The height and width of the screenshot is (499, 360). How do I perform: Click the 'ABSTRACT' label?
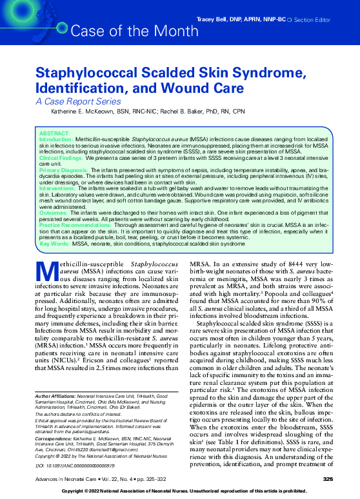click(x=53, y=132)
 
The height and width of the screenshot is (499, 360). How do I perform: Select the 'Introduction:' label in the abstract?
click(x=56, y=139)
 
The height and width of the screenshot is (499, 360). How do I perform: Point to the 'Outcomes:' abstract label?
click(x=53, y=211)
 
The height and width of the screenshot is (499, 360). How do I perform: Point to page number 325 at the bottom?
click(x=328, y=478)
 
